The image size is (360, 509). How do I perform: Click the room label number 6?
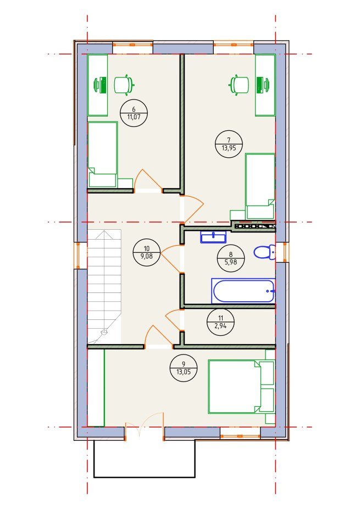[x=134, y=110]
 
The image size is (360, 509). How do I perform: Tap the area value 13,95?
[x=229, y=147]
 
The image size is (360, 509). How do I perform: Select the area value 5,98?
[x=231, y=262]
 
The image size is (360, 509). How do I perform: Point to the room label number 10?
[x=147, y=248]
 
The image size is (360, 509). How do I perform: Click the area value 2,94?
[x=221, y=325]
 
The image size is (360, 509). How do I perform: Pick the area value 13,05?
[x=184, y=372]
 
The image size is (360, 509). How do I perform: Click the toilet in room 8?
[x=264, y=252]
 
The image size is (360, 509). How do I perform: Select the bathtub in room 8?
[x=243, y=291]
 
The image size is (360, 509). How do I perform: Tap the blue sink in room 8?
[x=213, y=237]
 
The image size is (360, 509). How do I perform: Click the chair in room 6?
[x=124, y=85]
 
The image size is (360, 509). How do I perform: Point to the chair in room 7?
[x=239, y=85]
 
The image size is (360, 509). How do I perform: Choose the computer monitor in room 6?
[x=101, y=85]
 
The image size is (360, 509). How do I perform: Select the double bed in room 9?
[x=241, y=386]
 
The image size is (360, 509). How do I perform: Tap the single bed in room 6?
[x=103, y=154]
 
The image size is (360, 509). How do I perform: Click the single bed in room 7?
[x=260, y=186]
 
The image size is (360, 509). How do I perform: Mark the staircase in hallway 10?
[x=104, y=286]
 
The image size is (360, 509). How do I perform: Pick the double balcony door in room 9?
[x=145, y=426]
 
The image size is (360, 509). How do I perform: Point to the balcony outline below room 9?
[x=145, y=477]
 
